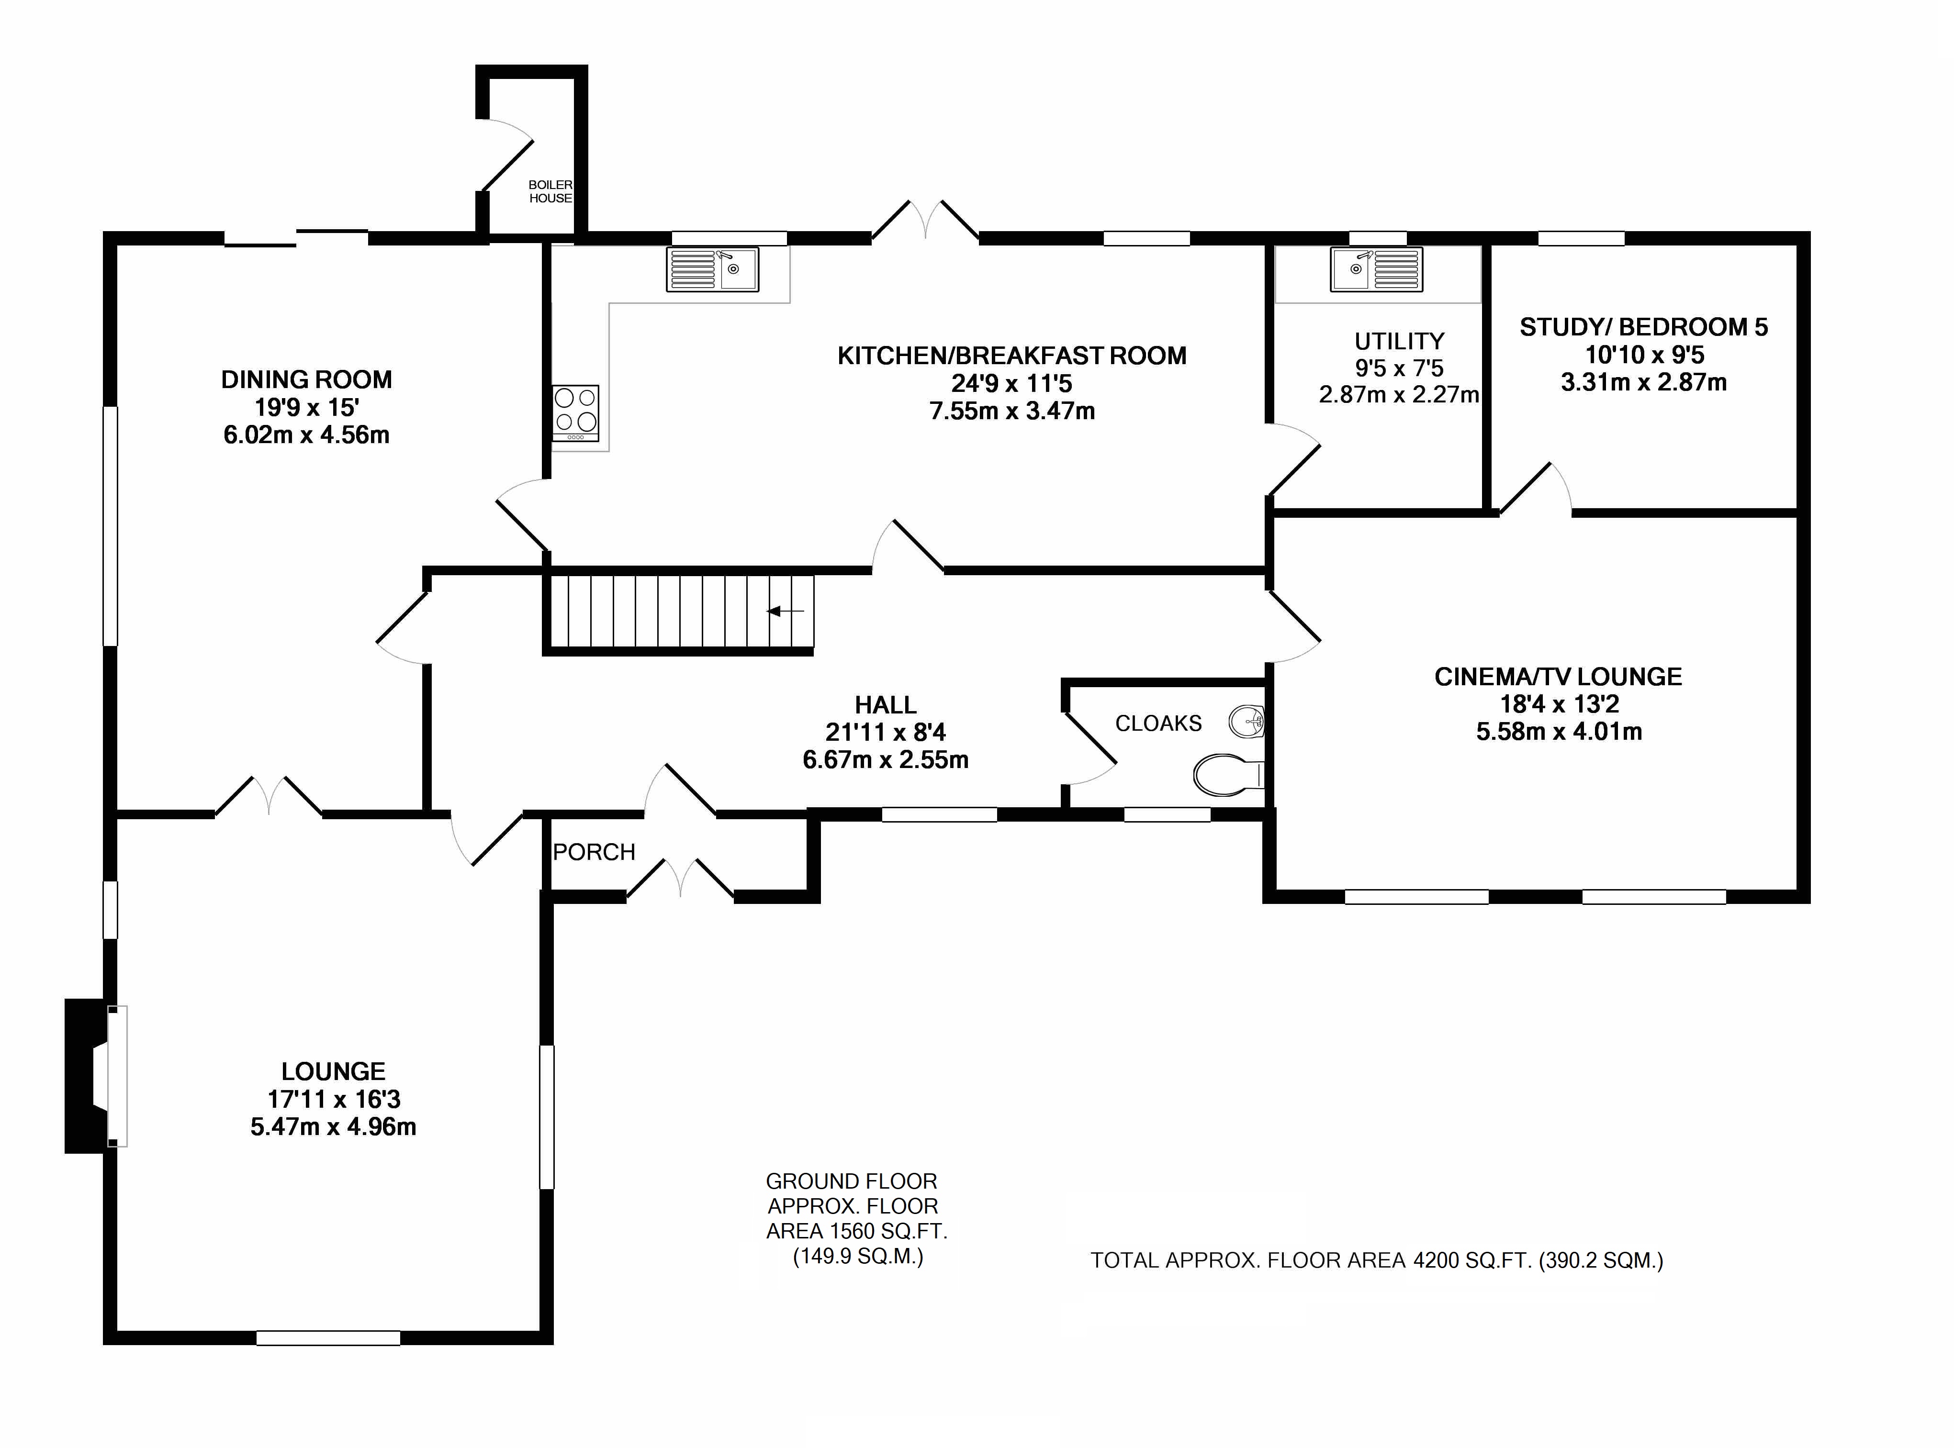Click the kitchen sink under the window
(x=712, y=269)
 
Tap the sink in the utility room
(x=1375, y=269)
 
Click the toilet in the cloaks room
(x=1227, y=774)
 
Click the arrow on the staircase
(x=786, y=611)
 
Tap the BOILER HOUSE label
(x=550, y=191)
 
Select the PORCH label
(x=594, y=852)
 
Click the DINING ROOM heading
(x=306, y=379)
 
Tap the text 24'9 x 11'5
(x=1011, y=383)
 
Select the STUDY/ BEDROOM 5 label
(x=1643, y=327)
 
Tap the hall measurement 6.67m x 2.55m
(x=886, y=760)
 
